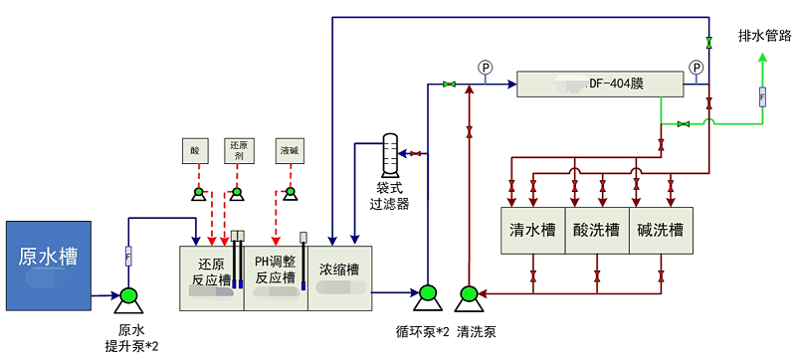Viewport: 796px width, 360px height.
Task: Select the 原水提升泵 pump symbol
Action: tap(128, 296)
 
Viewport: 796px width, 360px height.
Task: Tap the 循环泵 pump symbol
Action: tap(427, 295)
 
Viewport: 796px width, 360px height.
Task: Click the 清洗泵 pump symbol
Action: tap(468, 295)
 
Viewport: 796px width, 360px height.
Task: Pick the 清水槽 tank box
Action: tap(532, 230)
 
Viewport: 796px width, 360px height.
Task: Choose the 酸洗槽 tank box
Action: tap(596, 230)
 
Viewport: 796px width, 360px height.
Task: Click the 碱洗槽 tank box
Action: tap(661, 230)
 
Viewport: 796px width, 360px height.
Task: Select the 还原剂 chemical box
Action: tap(238, 150)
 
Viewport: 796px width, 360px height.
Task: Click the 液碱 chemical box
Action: tap(290, 150)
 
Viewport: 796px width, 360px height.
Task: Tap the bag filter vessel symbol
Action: tap(391, 154)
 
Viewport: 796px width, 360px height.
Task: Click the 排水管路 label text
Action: tap(764, 36)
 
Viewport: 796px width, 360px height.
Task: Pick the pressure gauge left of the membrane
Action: tap(486, 68)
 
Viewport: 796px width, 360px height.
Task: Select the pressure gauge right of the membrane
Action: tap(696, 68)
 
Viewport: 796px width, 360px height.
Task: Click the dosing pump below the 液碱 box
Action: tap(290, 192)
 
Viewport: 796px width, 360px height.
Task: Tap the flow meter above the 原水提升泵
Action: tap(128, 256)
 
